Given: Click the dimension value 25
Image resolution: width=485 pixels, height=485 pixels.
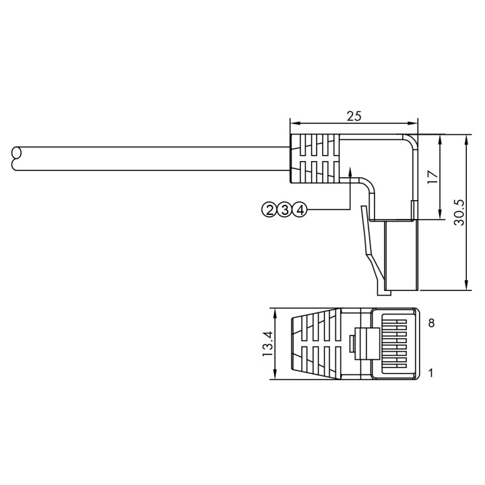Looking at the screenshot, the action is [354, 116].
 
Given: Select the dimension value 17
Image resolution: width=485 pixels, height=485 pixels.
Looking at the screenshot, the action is [433, 177].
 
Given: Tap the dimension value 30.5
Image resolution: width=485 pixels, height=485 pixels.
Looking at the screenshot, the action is [459, 212].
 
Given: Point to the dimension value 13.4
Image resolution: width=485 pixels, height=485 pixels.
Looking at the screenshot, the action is [267, 344].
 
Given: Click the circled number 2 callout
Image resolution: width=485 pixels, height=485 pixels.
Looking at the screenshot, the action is [269, 210].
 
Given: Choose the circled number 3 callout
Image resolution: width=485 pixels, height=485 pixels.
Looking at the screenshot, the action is [284, 210].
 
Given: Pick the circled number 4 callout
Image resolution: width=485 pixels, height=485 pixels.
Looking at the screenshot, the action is [299, 210].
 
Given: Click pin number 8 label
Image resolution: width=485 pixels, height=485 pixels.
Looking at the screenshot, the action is [431, 323].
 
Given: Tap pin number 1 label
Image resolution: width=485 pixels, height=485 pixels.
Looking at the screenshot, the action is [431, 373].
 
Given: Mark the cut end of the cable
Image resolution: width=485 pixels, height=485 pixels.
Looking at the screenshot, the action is [16, 158].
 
